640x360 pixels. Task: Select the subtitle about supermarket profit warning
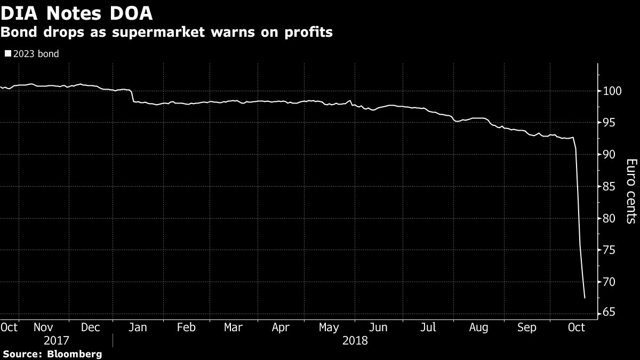[166, 33]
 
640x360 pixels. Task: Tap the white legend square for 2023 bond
[7, 54]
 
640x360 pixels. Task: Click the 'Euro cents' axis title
[630, 191]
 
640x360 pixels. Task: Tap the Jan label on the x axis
[139, 327]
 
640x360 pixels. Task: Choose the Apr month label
[281, 327]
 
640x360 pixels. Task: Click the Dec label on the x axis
[90, 327]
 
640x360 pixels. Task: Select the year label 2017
[57, 340]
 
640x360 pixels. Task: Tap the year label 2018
[356, 340]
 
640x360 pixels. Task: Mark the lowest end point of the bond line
[585, 298]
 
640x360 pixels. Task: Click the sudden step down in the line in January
[132, 96]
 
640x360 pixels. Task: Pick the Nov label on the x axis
[44, 327]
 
